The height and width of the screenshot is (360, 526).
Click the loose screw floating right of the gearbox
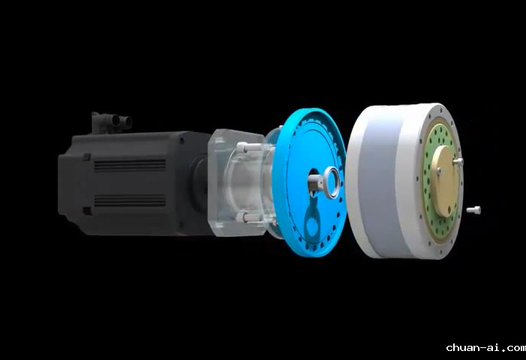473,210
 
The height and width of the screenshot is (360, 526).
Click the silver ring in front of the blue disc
332,183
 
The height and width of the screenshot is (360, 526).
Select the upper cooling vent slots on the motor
130,166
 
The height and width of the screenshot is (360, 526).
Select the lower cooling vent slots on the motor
130,200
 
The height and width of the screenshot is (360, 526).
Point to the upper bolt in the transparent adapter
248,147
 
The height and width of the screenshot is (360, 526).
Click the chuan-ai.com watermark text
485,347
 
